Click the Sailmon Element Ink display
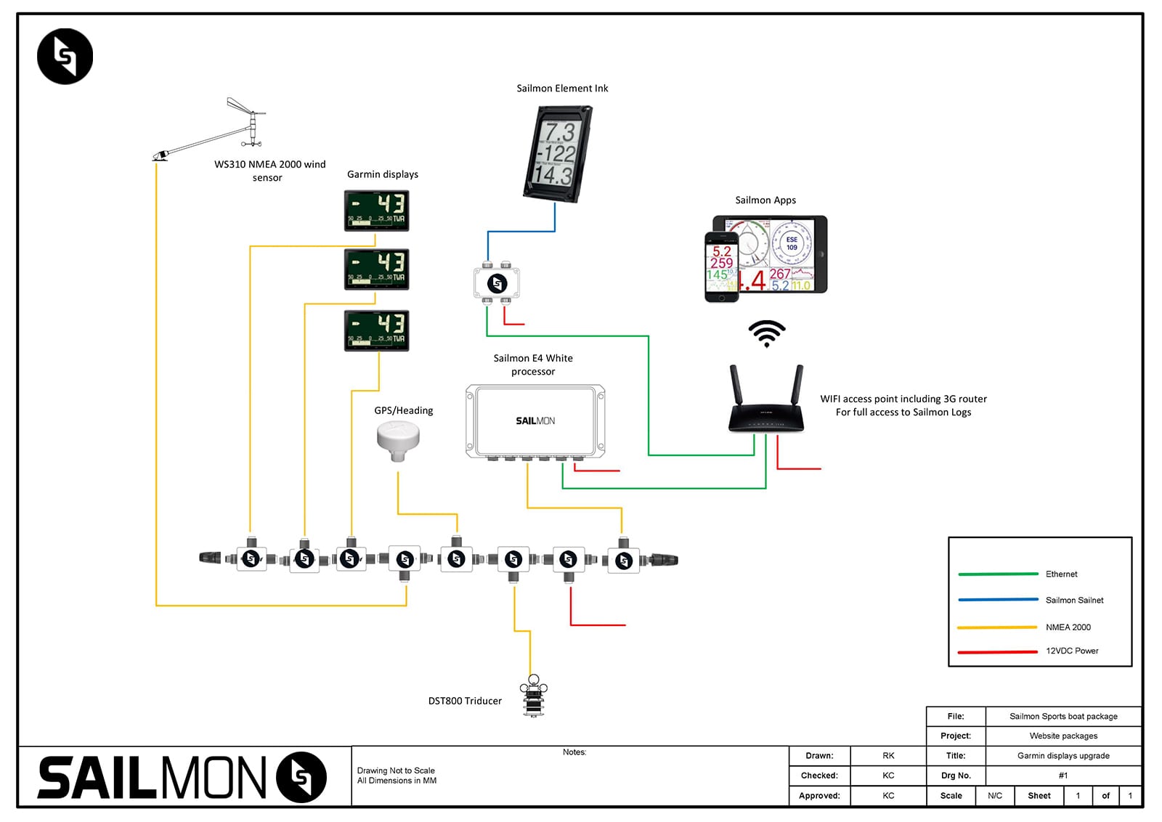pos(558,154)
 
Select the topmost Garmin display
pos(376,211)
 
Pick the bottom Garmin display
pos(376,330)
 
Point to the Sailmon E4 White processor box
pos(535,421)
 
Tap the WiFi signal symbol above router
pos(767,333)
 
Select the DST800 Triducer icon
pos(534,696)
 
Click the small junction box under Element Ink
pos(497,283)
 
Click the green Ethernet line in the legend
pos(998,574)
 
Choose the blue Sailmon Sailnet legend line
pos(998,600)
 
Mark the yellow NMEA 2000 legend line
pos(998,627)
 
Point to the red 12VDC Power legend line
pos(998,651)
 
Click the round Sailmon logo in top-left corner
pos(65,57)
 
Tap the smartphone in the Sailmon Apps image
pos(721,266)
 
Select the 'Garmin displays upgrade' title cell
pos(1063,756)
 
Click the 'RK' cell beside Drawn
pos(888,756)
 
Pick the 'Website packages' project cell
pos(1063,736)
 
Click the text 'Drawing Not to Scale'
pos(396,770)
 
